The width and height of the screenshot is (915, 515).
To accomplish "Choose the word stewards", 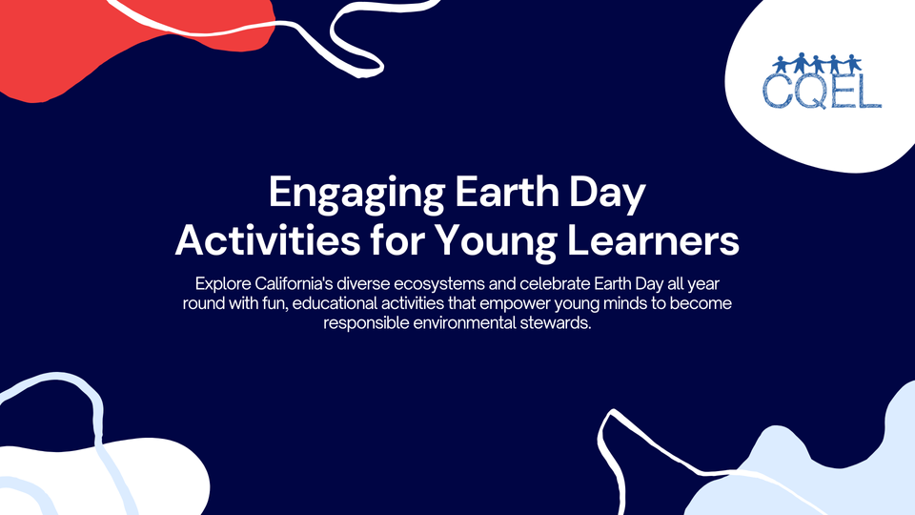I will [x=554, y=322].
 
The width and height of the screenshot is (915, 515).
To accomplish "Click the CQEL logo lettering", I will [x=822, y=92].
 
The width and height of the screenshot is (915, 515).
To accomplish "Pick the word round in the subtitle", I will [x=203, y=303].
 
